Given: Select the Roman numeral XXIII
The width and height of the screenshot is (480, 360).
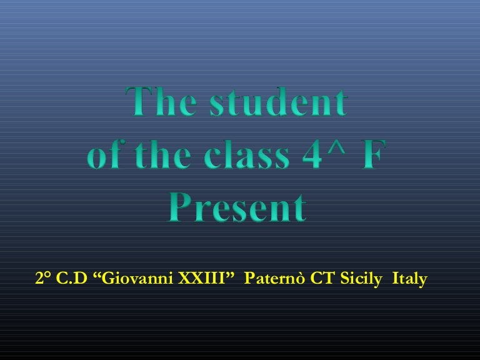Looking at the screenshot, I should pyautogui.click(x=202, y=279).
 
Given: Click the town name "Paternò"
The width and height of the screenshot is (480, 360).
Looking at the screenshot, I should pyautogui.click(x=274, y=279).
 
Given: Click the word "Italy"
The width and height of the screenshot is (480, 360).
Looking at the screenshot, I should pyautogui.click(x=409, y=279).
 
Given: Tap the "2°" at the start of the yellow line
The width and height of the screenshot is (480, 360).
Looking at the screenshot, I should pyautogui.click(x=44, y=279).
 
